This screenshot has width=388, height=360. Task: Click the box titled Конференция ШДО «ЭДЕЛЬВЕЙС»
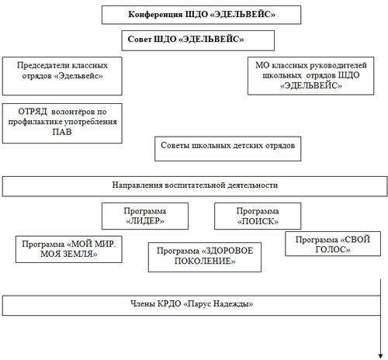(201, 15)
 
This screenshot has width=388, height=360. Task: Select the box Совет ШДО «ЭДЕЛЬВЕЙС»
(198, 40)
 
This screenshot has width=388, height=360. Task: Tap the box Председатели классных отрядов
(62, 76)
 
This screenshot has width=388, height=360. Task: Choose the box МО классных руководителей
(310, 76)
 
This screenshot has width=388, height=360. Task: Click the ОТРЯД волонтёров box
(62, 123)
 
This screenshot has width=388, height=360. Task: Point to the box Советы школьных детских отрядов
(228, 149)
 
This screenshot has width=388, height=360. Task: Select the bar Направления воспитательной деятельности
(195, 186)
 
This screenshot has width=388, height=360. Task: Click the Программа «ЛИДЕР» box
(145, 216)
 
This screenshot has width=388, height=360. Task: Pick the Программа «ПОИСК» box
(258, 216)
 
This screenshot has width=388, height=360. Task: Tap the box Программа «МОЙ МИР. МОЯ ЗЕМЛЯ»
(69, 249)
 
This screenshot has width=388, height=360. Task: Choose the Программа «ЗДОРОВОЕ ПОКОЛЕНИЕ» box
(205, 257)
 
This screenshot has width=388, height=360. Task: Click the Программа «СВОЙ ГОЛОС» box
(333, 244)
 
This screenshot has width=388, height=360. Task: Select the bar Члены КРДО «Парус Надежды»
(192, 306)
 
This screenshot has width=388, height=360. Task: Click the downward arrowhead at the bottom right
(380, 356)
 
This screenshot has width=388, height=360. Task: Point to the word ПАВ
(62, 132)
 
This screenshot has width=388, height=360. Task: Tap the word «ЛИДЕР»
(145, 221)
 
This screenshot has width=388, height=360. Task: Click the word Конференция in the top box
(155, 14)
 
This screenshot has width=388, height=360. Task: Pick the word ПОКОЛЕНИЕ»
(205, 261)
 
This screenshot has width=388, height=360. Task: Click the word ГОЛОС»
(333, 249)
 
